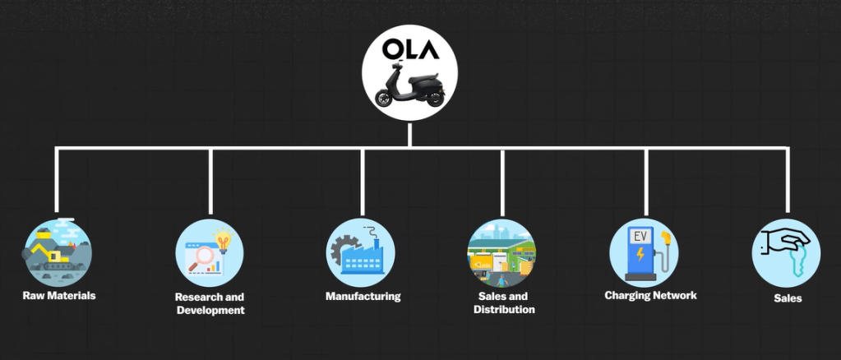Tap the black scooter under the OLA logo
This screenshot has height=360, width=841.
(x=409, y=90)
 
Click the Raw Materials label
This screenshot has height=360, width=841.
(x=58, y=295)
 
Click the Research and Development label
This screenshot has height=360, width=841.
(x=210, y=303)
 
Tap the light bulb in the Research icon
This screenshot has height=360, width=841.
(x=222, y=240)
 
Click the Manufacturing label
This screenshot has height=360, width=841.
(x=363, y=296)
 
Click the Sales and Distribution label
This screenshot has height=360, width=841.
(x=504, y=302)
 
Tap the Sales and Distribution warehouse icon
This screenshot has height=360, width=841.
(x=501, y=252)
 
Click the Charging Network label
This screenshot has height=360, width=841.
(x=649, y=295)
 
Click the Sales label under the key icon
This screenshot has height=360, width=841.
(x=787, y=298)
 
